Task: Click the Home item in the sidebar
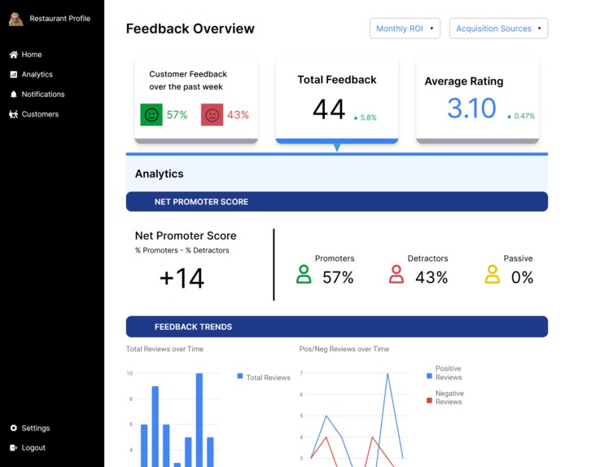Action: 25,55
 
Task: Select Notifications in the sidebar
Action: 37,95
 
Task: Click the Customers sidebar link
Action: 33,114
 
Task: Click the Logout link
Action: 28,447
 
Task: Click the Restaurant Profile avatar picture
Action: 16,19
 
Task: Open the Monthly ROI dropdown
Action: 405,29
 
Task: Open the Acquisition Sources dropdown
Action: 498,29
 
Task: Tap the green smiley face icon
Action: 151,115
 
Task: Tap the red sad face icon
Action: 212,115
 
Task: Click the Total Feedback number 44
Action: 329,109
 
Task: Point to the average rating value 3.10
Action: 471,108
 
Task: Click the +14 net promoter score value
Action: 182,278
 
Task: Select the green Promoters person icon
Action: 304,275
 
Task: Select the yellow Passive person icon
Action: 493,275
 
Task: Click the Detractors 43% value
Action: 431,277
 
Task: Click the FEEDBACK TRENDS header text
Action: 193,327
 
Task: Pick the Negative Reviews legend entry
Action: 449,397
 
